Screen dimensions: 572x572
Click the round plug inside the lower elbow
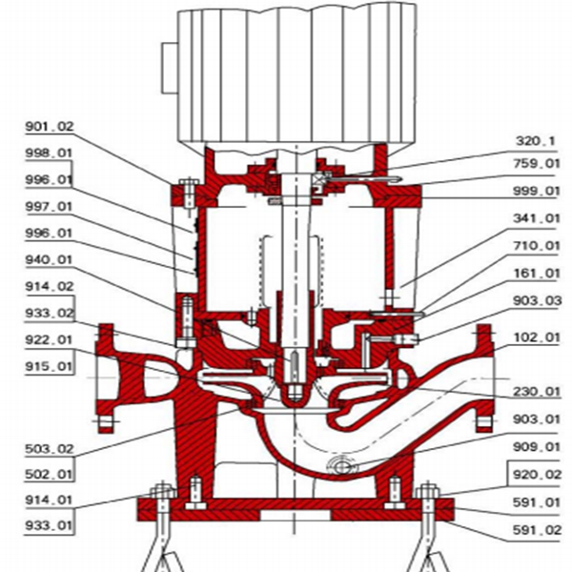(x=337, y=466)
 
